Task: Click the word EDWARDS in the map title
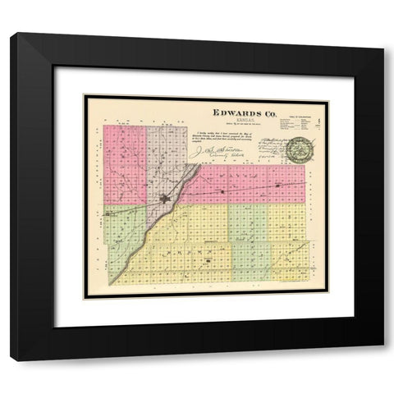click(x=231, y=111)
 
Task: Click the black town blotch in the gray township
click(x=165, y=197)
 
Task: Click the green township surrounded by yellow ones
click(x=248, y=238)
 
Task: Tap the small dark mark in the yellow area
click(x=208, y=262)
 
